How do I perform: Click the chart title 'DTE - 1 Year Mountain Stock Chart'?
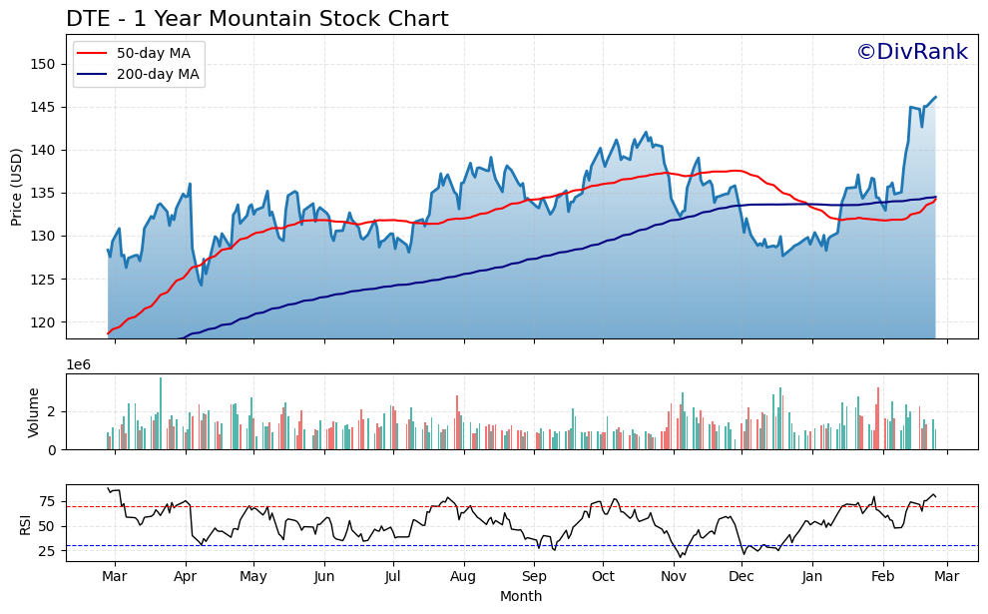(x=256, y=19)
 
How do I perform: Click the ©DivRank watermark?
(x=911, y=52)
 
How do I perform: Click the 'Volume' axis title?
(x=34, y=411)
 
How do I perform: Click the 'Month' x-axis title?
(x=521, y=596)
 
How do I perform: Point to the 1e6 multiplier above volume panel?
(x=79, y=364)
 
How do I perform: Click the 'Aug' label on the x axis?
(x=463, y=576)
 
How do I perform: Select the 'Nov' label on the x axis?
(x=675, y=576)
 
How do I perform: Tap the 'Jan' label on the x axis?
(x=812, y=576)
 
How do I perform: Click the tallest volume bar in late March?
(x=161, y=413)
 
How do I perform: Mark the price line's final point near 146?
(x=935, y=97)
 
